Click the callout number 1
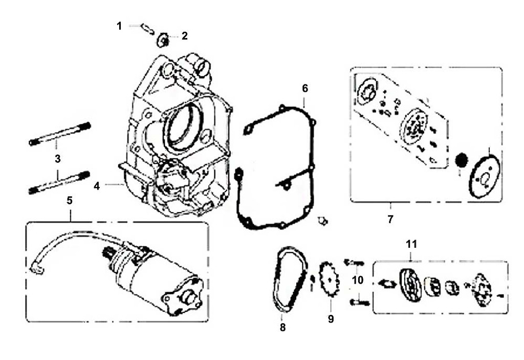coord(119,26)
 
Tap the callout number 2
coord(184,36)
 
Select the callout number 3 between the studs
coord(58,158)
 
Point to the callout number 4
coord(97,186)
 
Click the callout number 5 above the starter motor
coord(70,200)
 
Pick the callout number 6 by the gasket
coord(305,88)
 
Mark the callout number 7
coord(390,219)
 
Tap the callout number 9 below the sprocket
coord(331,319)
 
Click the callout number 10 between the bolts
coord(358,280)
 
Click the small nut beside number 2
coord(163,38)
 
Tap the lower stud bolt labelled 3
coord(59,182)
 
